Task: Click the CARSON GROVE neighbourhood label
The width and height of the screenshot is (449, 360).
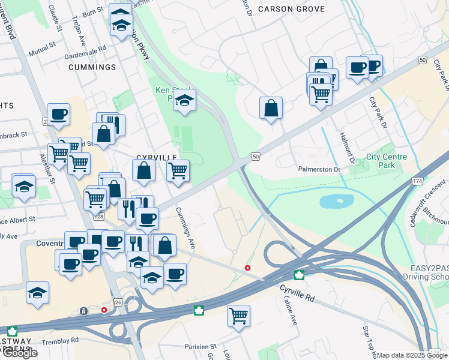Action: (291, 9)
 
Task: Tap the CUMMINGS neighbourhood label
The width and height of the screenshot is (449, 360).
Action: (92, 67)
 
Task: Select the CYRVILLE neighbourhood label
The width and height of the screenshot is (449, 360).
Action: (156, 157)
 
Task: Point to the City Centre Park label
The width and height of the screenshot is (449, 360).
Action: (387, 161)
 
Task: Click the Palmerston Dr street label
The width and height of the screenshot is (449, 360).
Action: (319, 169)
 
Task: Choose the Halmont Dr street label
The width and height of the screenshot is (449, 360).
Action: (346, 148)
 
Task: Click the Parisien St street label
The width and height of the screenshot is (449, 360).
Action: (200, 347)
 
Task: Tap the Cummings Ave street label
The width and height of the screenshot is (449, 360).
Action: (185, 229)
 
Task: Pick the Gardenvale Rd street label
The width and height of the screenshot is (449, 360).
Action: (86, 51)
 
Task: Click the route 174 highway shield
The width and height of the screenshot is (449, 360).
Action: (418, 181)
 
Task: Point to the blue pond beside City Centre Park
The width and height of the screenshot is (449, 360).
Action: (336, 201)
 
